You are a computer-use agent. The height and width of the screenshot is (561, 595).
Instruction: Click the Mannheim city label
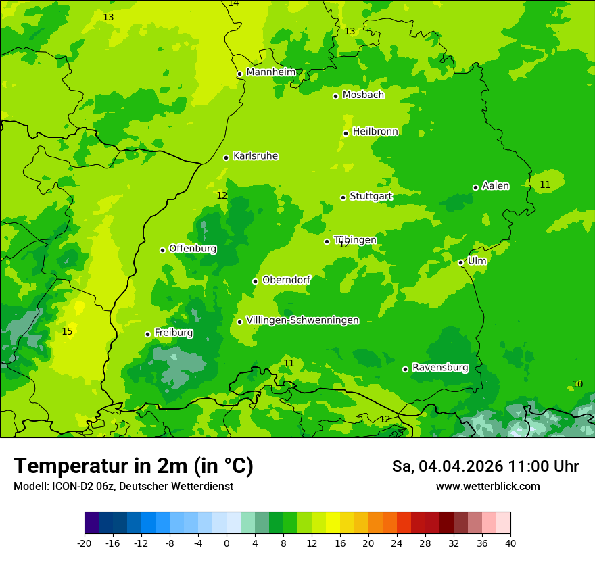tap(271, 72)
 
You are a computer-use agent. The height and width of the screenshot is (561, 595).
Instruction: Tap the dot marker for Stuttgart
tap(343, 197)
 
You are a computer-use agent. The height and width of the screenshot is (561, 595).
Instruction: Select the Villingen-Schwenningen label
tap(302, 320)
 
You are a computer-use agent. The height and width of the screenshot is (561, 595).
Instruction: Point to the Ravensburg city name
tap(440, 368)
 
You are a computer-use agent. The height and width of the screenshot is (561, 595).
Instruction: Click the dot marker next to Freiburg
tap(147, 334)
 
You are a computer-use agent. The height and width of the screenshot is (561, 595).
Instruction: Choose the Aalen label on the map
tap(496, 186)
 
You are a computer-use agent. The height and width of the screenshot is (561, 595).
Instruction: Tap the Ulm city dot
tap(461, 262)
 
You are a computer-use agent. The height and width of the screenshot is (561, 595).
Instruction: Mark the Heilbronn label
tap(375, 132)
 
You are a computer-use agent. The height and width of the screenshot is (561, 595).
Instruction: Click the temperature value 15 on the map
tap(67, 331)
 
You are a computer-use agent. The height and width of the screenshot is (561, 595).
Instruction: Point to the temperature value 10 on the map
tap(577, 384)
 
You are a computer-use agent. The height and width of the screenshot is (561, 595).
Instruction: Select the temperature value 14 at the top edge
tap(233, 3)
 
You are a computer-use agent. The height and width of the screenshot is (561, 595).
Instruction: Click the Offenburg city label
tap(193, 249)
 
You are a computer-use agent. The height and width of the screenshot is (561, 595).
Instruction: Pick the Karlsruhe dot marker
tap(227, 157)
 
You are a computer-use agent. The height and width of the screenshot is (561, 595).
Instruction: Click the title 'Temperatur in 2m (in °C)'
tap(133, 466)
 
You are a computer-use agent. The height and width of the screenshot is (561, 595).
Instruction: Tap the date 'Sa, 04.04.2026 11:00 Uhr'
tap(485, 466)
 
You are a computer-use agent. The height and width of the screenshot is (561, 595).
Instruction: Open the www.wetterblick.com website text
tap(487, 487)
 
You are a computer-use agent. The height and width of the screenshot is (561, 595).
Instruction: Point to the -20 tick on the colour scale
tap(85, 543)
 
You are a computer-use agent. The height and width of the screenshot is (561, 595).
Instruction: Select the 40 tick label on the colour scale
tap(510, 543)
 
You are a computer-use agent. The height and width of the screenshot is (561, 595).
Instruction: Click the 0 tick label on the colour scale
tap(227, 543)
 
